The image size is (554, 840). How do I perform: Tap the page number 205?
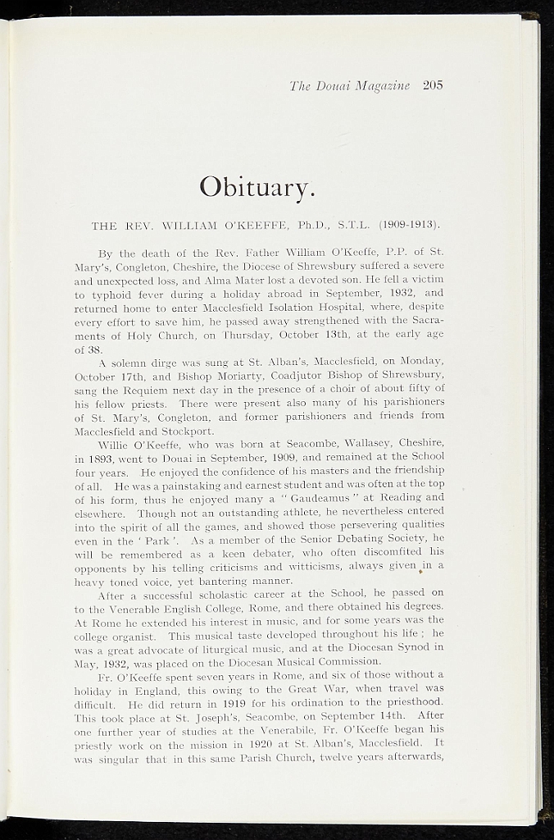click(x=433, y=85)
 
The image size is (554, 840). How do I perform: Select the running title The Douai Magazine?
click(x=349, y=85)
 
